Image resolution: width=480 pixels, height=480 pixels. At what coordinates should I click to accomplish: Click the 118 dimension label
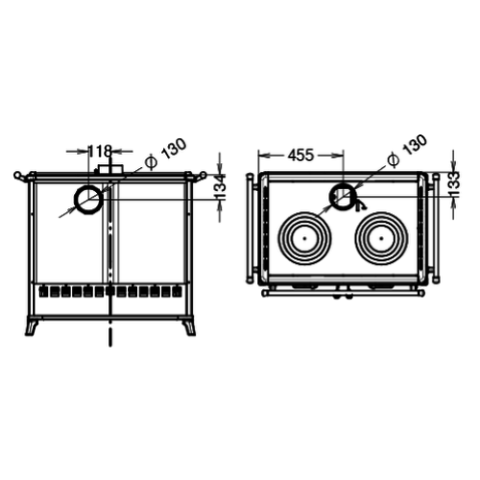(x=100, y=151)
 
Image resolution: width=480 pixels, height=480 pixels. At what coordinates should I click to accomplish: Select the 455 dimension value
(x=300, y=156)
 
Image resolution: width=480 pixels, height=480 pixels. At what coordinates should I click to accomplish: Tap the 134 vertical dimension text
(x=221, y=186)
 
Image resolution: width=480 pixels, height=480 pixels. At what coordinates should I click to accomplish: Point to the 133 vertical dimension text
(x=454, y=184)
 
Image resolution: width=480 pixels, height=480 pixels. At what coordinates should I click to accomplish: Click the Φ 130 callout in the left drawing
(x=165, y=154)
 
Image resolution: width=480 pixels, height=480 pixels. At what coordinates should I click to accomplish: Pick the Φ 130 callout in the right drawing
(x=407, y=151)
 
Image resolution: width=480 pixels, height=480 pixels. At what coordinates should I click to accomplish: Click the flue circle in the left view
(x=88, y=200)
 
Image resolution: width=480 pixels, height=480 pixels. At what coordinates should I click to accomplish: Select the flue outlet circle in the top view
(x=342, y=196)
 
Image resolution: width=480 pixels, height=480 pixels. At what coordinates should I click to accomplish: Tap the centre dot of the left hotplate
(x=304, y=238)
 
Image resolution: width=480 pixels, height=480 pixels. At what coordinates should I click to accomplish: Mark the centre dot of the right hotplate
(x=381, y=238)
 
